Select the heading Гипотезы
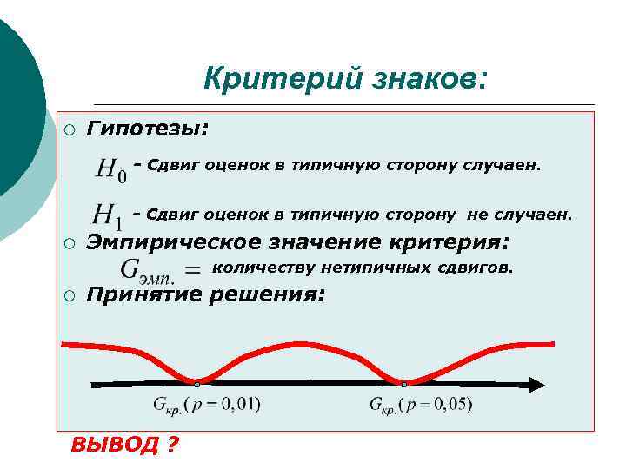coord(148,129)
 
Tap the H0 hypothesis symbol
coord(110,168)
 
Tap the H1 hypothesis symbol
coord(110,214)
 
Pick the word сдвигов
coord(483,268)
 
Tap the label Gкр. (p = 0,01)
coord(206,404)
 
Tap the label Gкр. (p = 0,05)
coord(421,404)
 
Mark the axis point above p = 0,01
coord(197,384)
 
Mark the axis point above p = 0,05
coord(404,384)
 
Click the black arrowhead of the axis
coord(536,384)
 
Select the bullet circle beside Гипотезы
coord(69,129)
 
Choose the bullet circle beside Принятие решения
coord(69,296)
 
